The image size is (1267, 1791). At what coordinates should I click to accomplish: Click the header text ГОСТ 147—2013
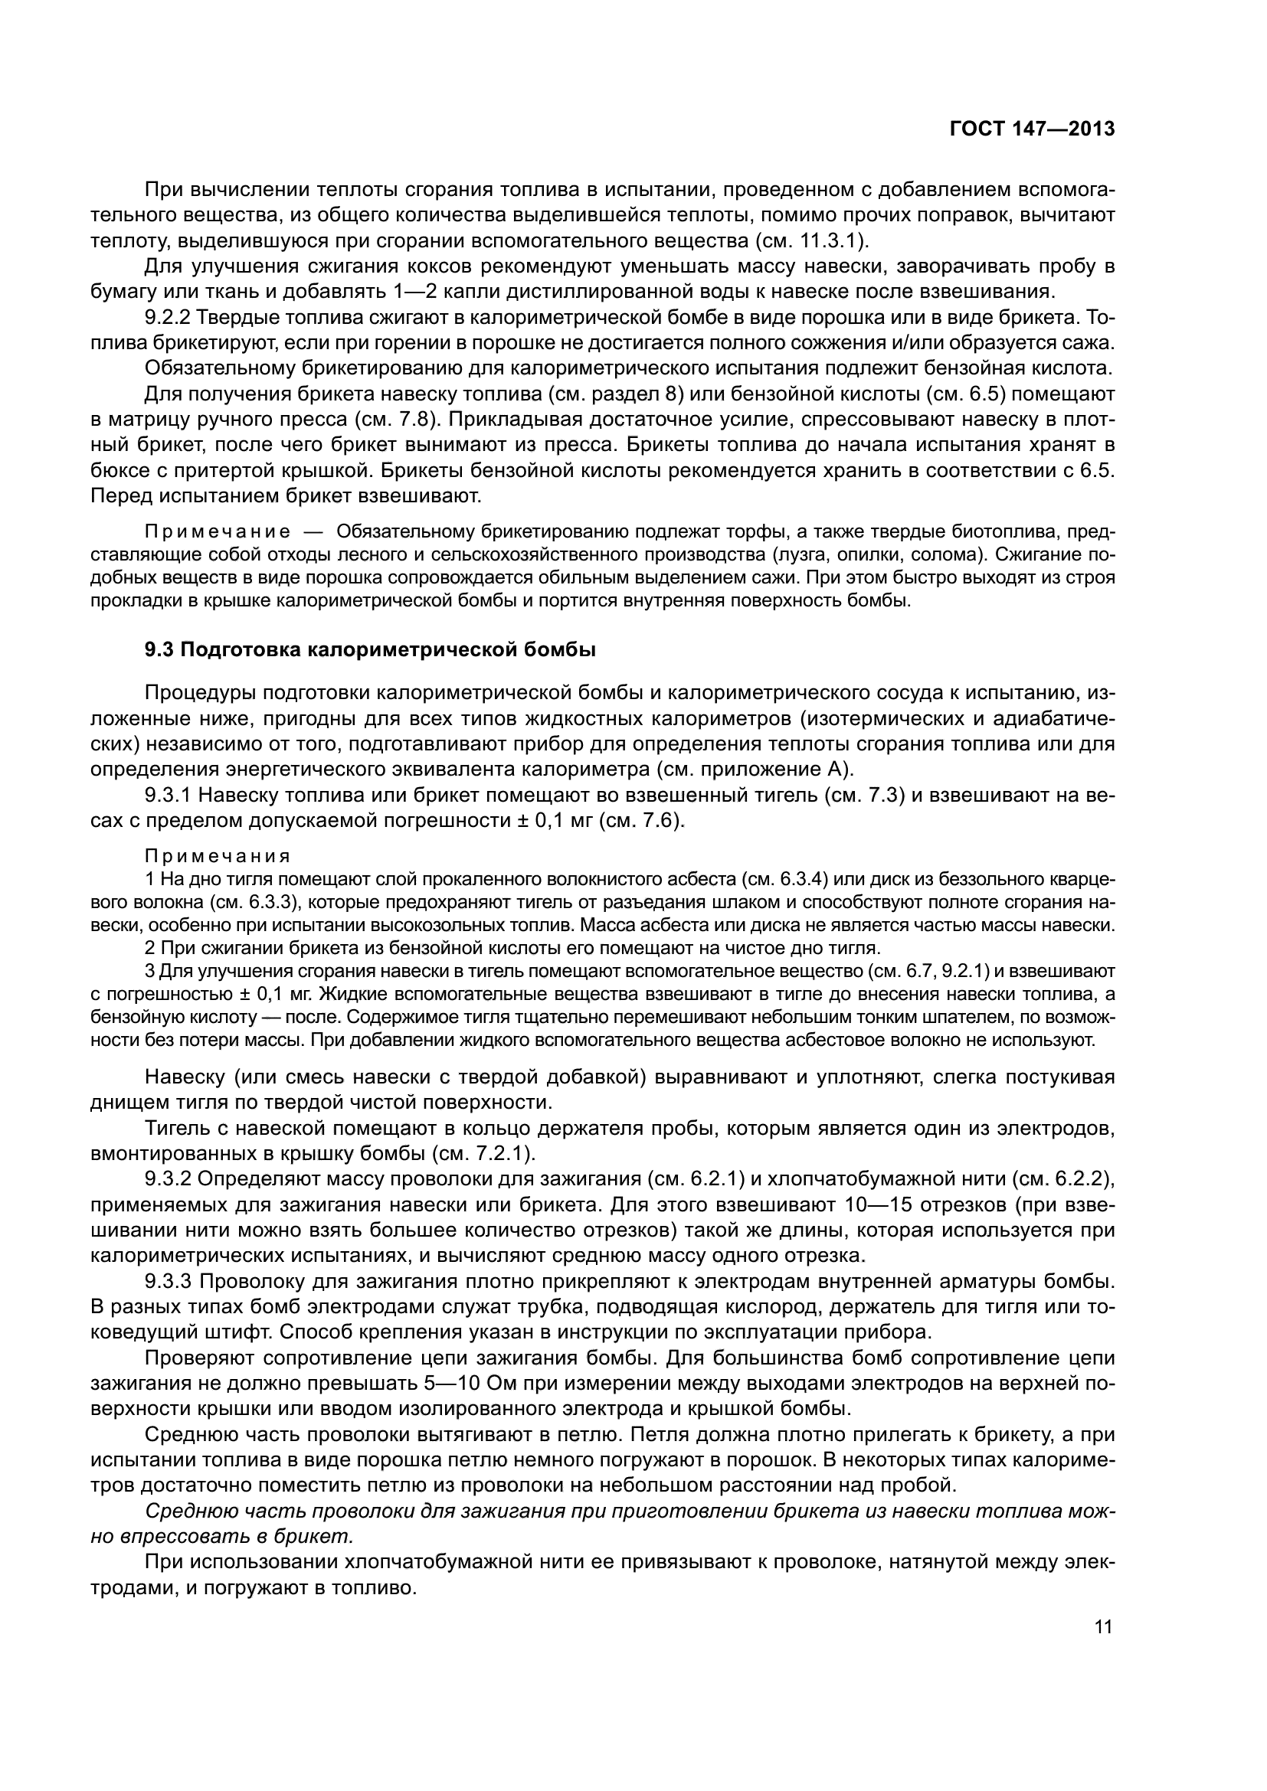1031,129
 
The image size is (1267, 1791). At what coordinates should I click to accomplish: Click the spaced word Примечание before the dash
218,532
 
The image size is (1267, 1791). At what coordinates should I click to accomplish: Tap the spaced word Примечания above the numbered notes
218,857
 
